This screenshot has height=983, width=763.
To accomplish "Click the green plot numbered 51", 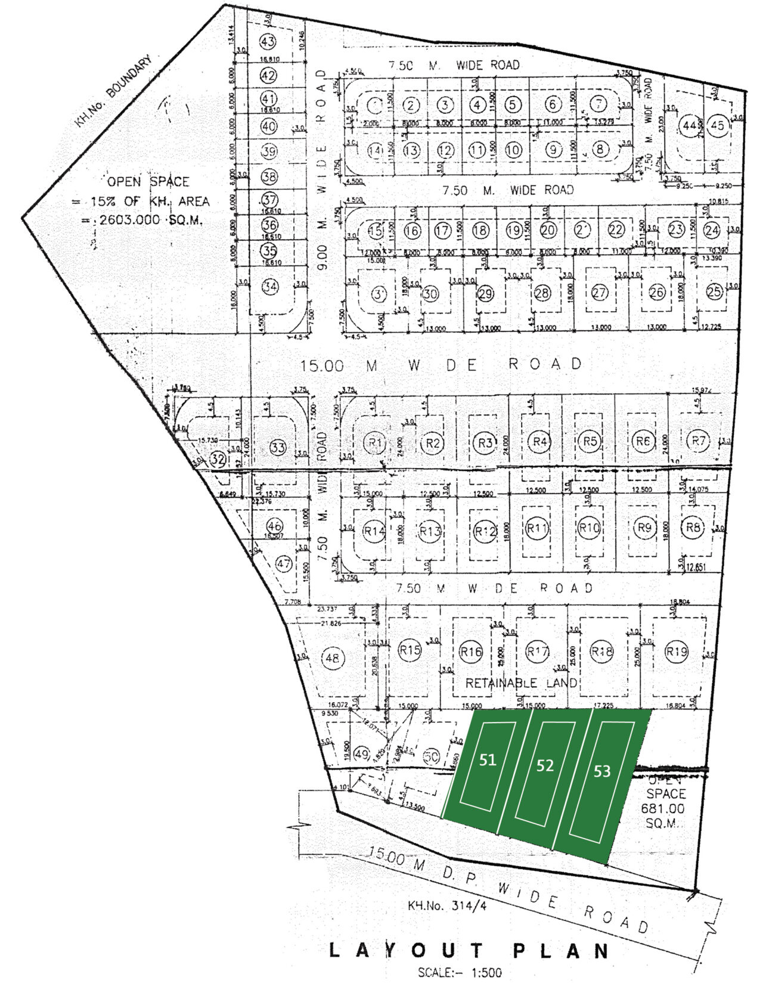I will [x=488, y=760].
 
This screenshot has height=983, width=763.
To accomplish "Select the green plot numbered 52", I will [x=545, y=766].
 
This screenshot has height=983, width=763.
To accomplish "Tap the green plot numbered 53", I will [x=602, y=771].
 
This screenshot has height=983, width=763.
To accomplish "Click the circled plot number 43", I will [x=269, y=42].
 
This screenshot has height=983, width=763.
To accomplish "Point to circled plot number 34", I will [x=270, y=287].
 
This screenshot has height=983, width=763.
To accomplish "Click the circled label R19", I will [x=677, y=651].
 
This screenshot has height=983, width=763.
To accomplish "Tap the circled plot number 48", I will [x=332, y=658].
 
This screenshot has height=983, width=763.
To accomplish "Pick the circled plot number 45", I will [x=718, y=125].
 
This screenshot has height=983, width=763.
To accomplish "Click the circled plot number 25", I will [x=714, y=292].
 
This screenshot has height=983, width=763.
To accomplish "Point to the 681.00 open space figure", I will [x=662, y=809].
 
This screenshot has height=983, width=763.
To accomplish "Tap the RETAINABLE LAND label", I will [x=521, y=683].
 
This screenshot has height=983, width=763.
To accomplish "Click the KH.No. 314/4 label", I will [x=439, y=906].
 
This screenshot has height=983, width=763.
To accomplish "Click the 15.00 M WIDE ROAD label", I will [x=441, y=364].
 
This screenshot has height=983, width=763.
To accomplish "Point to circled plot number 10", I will [x=513, y=150].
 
